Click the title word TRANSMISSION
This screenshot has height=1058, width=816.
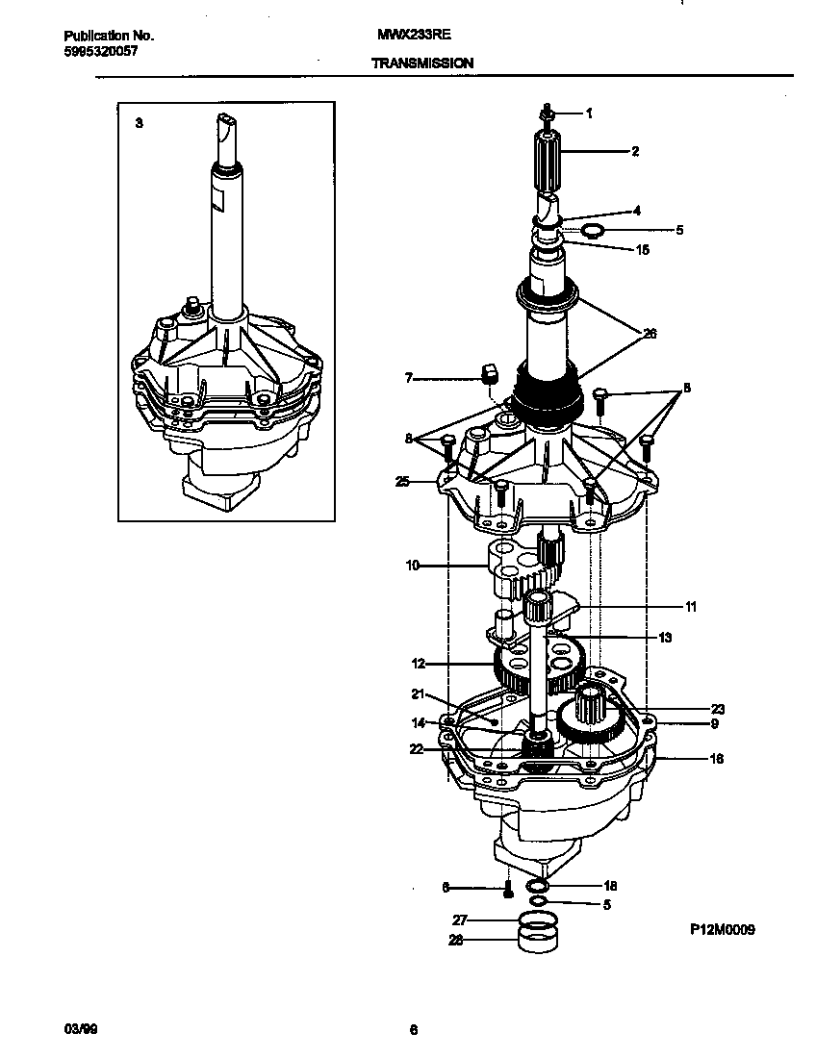click(x=421, y=63)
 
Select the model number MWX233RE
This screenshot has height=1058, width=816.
click(x=415, y=35)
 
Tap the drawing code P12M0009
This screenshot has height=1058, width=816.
click(x=723, y=929)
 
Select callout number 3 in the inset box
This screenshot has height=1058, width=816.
click(x=139, y=123)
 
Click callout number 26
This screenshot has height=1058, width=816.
click(x=650, y=334)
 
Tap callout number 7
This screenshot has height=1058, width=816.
click(x=408, y=379)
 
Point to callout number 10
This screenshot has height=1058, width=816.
click(x=412, y=566)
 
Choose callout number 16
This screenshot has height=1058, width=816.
click(x=716, y=759)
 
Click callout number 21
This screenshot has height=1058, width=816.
click(x=417, y=693)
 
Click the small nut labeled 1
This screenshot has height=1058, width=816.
click(x=547, y=114)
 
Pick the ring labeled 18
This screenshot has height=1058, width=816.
click(x=538, y=885)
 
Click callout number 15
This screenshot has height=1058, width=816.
click(x=643, y=250)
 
